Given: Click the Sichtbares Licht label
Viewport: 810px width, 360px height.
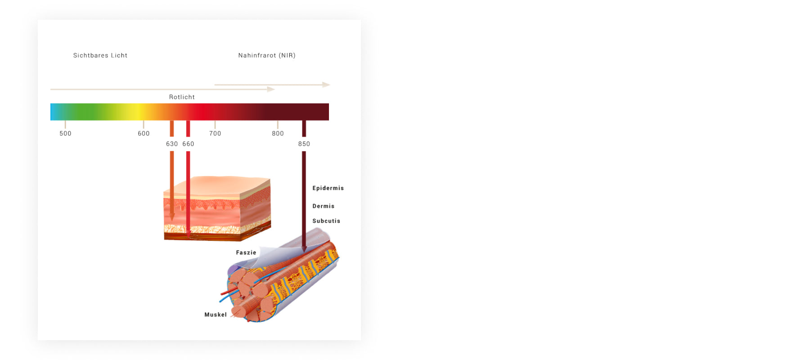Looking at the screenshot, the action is [x=100, y=55].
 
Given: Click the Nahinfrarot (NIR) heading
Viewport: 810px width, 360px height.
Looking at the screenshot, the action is [x=267, y=55].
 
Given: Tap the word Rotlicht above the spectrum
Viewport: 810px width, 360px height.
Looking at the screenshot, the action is [x=182, y=97].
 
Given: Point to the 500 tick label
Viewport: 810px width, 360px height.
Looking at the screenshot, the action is [x=65, y=133].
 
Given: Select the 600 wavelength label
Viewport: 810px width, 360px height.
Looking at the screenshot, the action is [x=144, y=133].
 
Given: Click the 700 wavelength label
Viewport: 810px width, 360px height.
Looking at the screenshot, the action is [x=215, y=133].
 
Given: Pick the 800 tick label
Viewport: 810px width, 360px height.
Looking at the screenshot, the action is [x=278, y=133].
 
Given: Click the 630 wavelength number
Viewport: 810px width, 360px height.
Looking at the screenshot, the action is [x=172, y=144].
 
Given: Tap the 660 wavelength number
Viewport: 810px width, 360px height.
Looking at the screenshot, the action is [x=188, y=144].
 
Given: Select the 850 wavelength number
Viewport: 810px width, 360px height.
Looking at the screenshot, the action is [x=304, y=144].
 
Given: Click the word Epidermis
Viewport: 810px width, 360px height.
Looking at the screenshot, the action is [x=328, y=188].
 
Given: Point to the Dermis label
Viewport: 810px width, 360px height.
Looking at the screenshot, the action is [x=324, y=206].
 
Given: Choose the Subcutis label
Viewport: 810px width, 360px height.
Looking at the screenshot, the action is [x=326, y=221].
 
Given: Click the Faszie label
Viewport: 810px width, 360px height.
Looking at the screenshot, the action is [x=246, y=252].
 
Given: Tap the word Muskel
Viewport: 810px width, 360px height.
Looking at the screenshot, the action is [x=216, y=315].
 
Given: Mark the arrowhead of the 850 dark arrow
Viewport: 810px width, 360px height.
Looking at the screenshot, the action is [x=304, y=249].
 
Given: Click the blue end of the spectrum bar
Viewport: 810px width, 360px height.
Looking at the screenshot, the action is [x=53, y=112].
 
